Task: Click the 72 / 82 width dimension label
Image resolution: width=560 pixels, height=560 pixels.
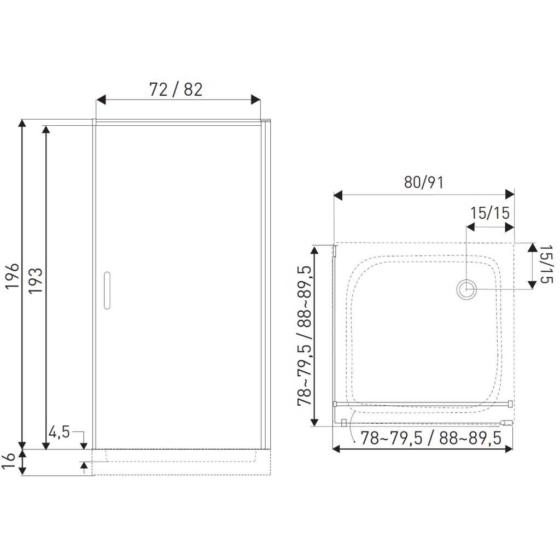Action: [176, 90]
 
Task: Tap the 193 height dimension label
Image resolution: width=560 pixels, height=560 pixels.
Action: [36, 281]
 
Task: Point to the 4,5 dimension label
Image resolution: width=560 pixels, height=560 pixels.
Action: [60, 433]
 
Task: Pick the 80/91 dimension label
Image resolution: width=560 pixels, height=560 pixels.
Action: [424, 183]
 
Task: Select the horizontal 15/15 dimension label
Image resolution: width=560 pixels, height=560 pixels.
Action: [489, 213]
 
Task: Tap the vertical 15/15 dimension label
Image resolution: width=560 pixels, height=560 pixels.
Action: [546, 264]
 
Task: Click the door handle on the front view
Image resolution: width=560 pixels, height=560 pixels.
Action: [107, 290]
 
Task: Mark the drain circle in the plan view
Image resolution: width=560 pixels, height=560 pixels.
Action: [467, 289]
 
